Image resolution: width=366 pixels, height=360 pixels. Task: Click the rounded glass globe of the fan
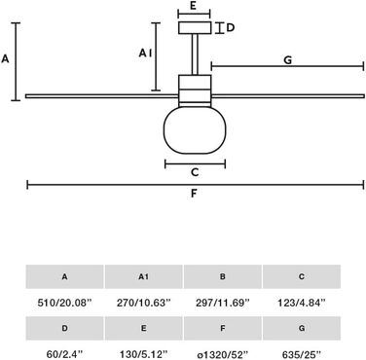point(195,129)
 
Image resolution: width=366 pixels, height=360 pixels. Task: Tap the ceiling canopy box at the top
point(195,27)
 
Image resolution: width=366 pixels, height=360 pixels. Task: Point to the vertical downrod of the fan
point(195,54)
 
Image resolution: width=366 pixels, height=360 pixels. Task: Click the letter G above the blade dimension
point(288,60)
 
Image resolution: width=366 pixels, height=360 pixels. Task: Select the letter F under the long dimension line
point(194,194)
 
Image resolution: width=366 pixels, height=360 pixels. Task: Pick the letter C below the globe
point(195,172)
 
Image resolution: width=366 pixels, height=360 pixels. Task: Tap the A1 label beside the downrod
point(145,53)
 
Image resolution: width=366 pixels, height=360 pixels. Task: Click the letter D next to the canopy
point(230,28)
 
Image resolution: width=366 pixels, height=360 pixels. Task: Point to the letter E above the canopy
point(194,6)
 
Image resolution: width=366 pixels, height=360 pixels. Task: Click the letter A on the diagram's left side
point(5,59)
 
